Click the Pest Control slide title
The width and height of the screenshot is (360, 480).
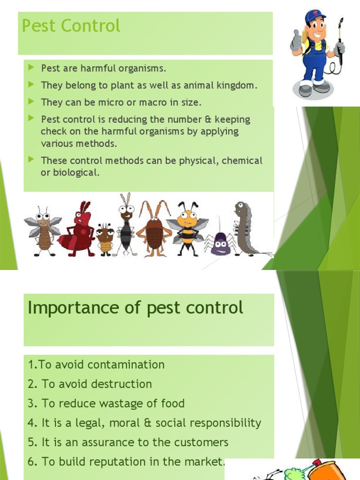[71, 26]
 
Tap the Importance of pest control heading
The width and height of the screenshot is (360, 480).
[135, 308]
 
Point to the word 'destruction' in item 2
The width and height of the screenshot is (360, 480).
[121, 384]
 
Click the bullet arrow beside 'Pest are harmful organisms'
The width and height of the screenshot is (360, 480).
[31, 68]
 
